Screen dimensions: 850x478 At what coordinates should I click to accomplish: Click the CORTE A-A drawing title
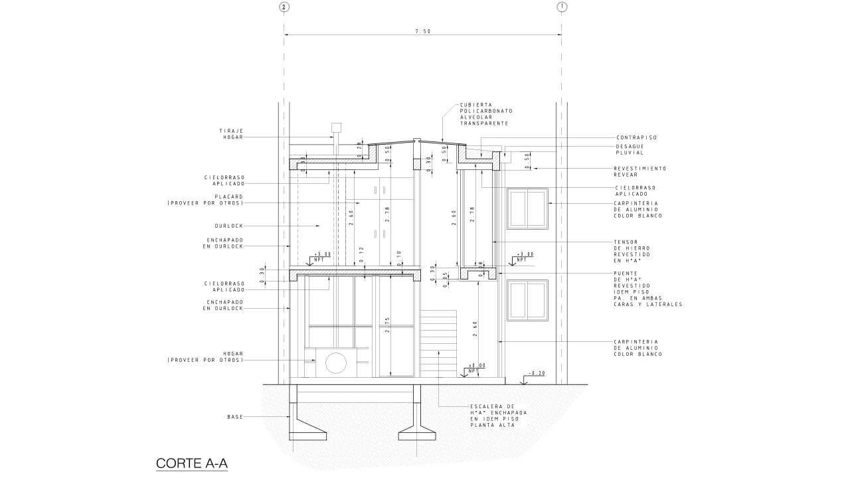point(192,463)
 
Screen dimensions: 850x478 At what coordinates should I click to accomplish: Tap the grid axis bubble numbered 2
point(284,7)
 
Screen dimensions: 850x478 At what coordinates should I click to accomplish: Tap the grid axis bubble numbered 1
point(562,7)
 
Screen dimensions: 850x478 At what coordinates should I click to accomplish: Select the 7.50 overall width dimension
point(423,31)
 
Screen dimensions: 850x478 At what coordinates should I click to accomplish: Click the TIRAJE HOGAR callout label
point(231,134)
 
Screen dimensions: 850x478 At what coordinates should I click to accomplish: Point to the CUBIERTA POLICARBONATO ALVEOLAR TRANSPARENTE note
point(486,114)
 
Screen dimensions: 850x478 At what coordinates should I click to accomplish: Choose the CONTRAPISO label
point(636,137)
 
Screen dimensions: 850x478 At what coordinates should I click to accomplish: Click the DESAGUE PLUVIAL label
point(630,149)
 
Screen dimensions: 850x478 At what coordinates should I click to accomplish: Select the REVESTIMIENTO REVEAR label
point(639,171)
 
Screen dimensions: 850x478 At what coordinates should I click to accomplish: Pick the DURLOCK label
point(229,226)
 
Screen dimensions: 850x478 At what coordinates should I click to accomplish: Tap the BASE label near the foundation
point(235,417)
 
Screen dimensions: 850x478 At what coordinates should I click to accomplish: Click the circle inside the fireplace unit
point(336,363)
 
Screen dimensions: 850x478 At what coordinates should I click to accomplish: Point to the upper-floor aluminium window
point(527,208)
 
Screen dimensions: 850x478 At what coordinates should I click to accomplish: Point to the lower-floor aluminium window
point(527,300)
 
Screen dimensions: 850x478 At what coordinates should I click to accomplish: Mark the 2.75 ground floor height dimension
point(387,325)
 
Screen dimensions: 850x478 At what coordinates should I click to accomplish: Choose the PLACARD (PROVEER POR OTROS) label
point(205,200)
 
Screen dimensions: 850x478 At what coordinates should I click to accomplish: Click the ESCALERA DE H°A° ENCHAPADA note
point(499,416)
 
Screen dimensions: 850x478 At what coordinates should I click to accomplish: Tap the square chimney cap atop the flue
point(336,127)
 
